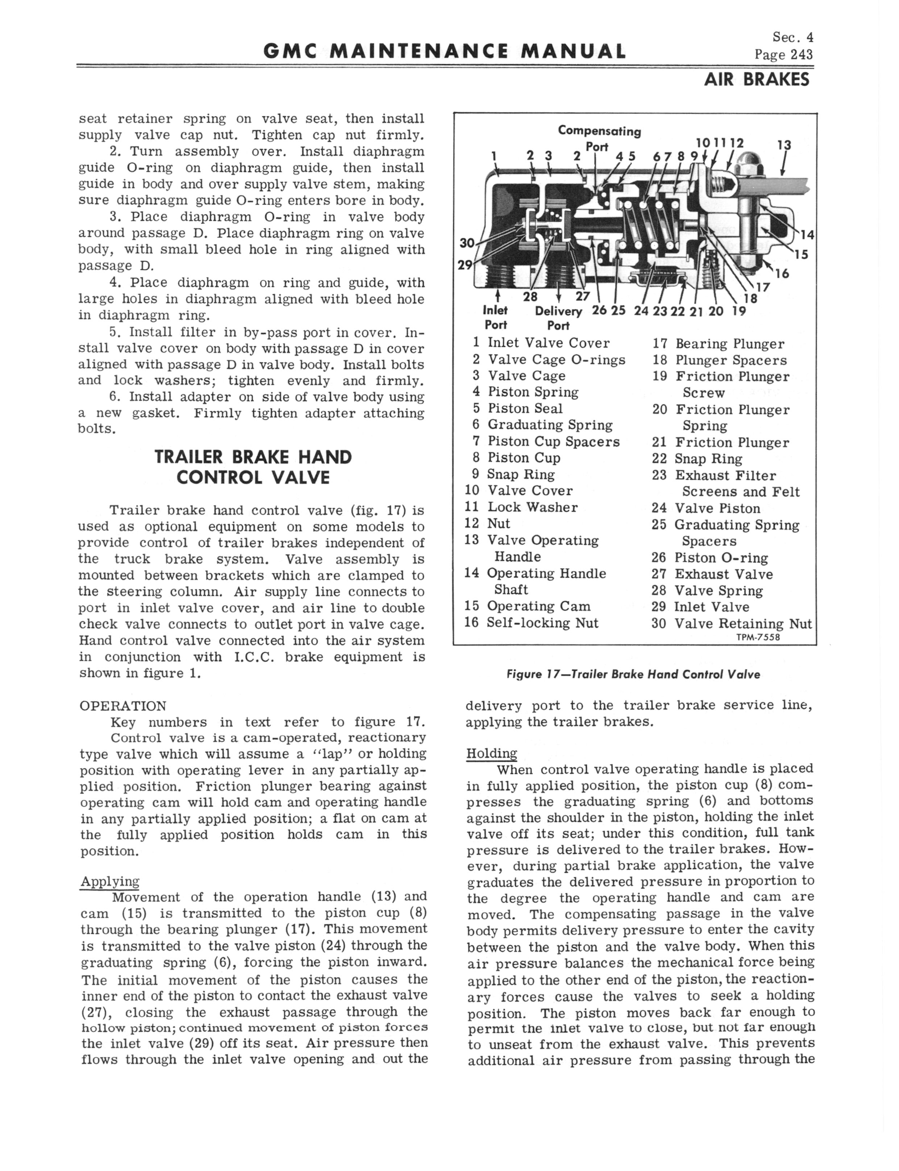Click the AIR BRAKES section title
click(x=756, y=80)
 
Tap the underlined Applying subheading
click(x=110, y=882)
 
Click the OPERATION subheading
click(x=123, y=706)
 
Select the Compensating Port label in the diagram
click(x=599, y=138)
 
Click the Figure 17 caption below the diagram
click(x=633, y=674)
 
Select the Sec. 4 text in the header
click(x=792, y=37)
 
